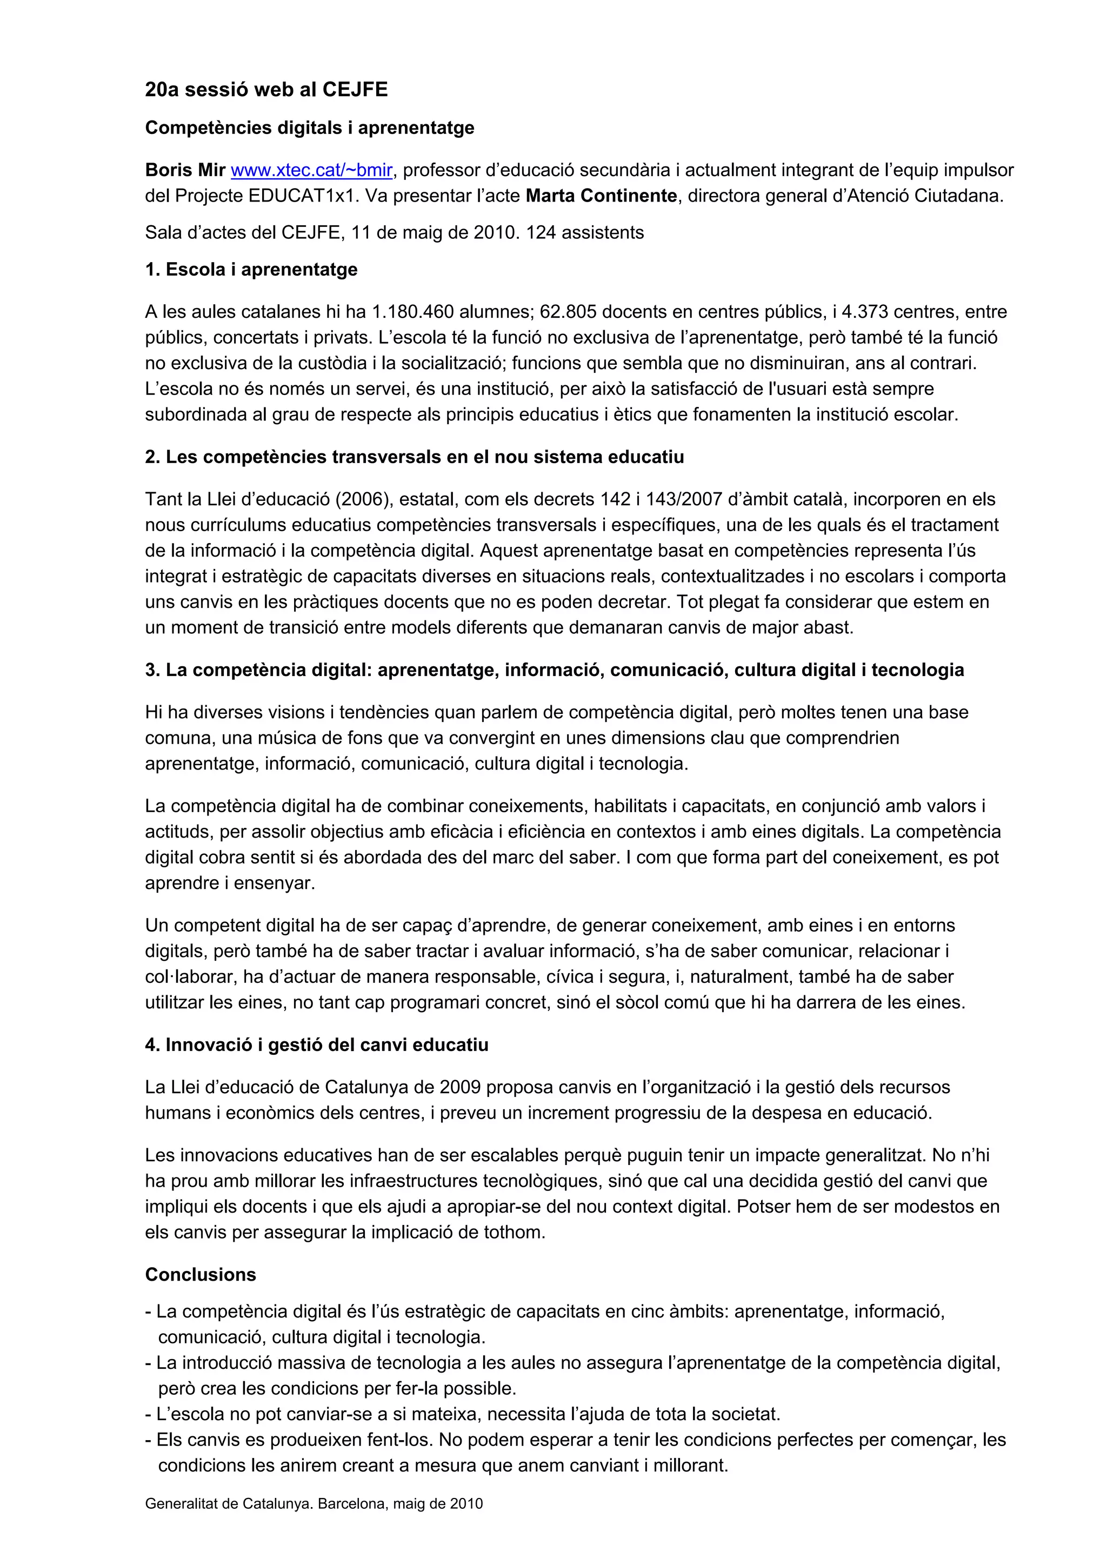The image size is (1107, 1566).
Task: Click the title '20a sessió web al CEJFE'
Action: pyautogui.click(x=266, y=89)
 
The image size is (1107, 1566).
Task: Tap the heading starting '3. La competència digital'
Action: pyautogui.click(x=554, y=670)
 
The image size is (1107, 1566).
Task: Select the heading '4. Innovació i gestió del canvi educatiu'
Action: pyautogui.click(x=317, y=1045)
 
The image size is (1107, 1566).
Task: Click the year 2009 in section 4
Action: pyautogui.click(x=461, y=1087)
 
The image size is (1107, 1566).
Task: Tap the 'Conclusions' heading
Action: pyautogui.click(x=201, y=1275)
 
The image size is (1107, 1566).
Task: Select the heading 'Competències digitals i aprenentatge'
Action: pyautogui.click(x=310, y=128)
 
